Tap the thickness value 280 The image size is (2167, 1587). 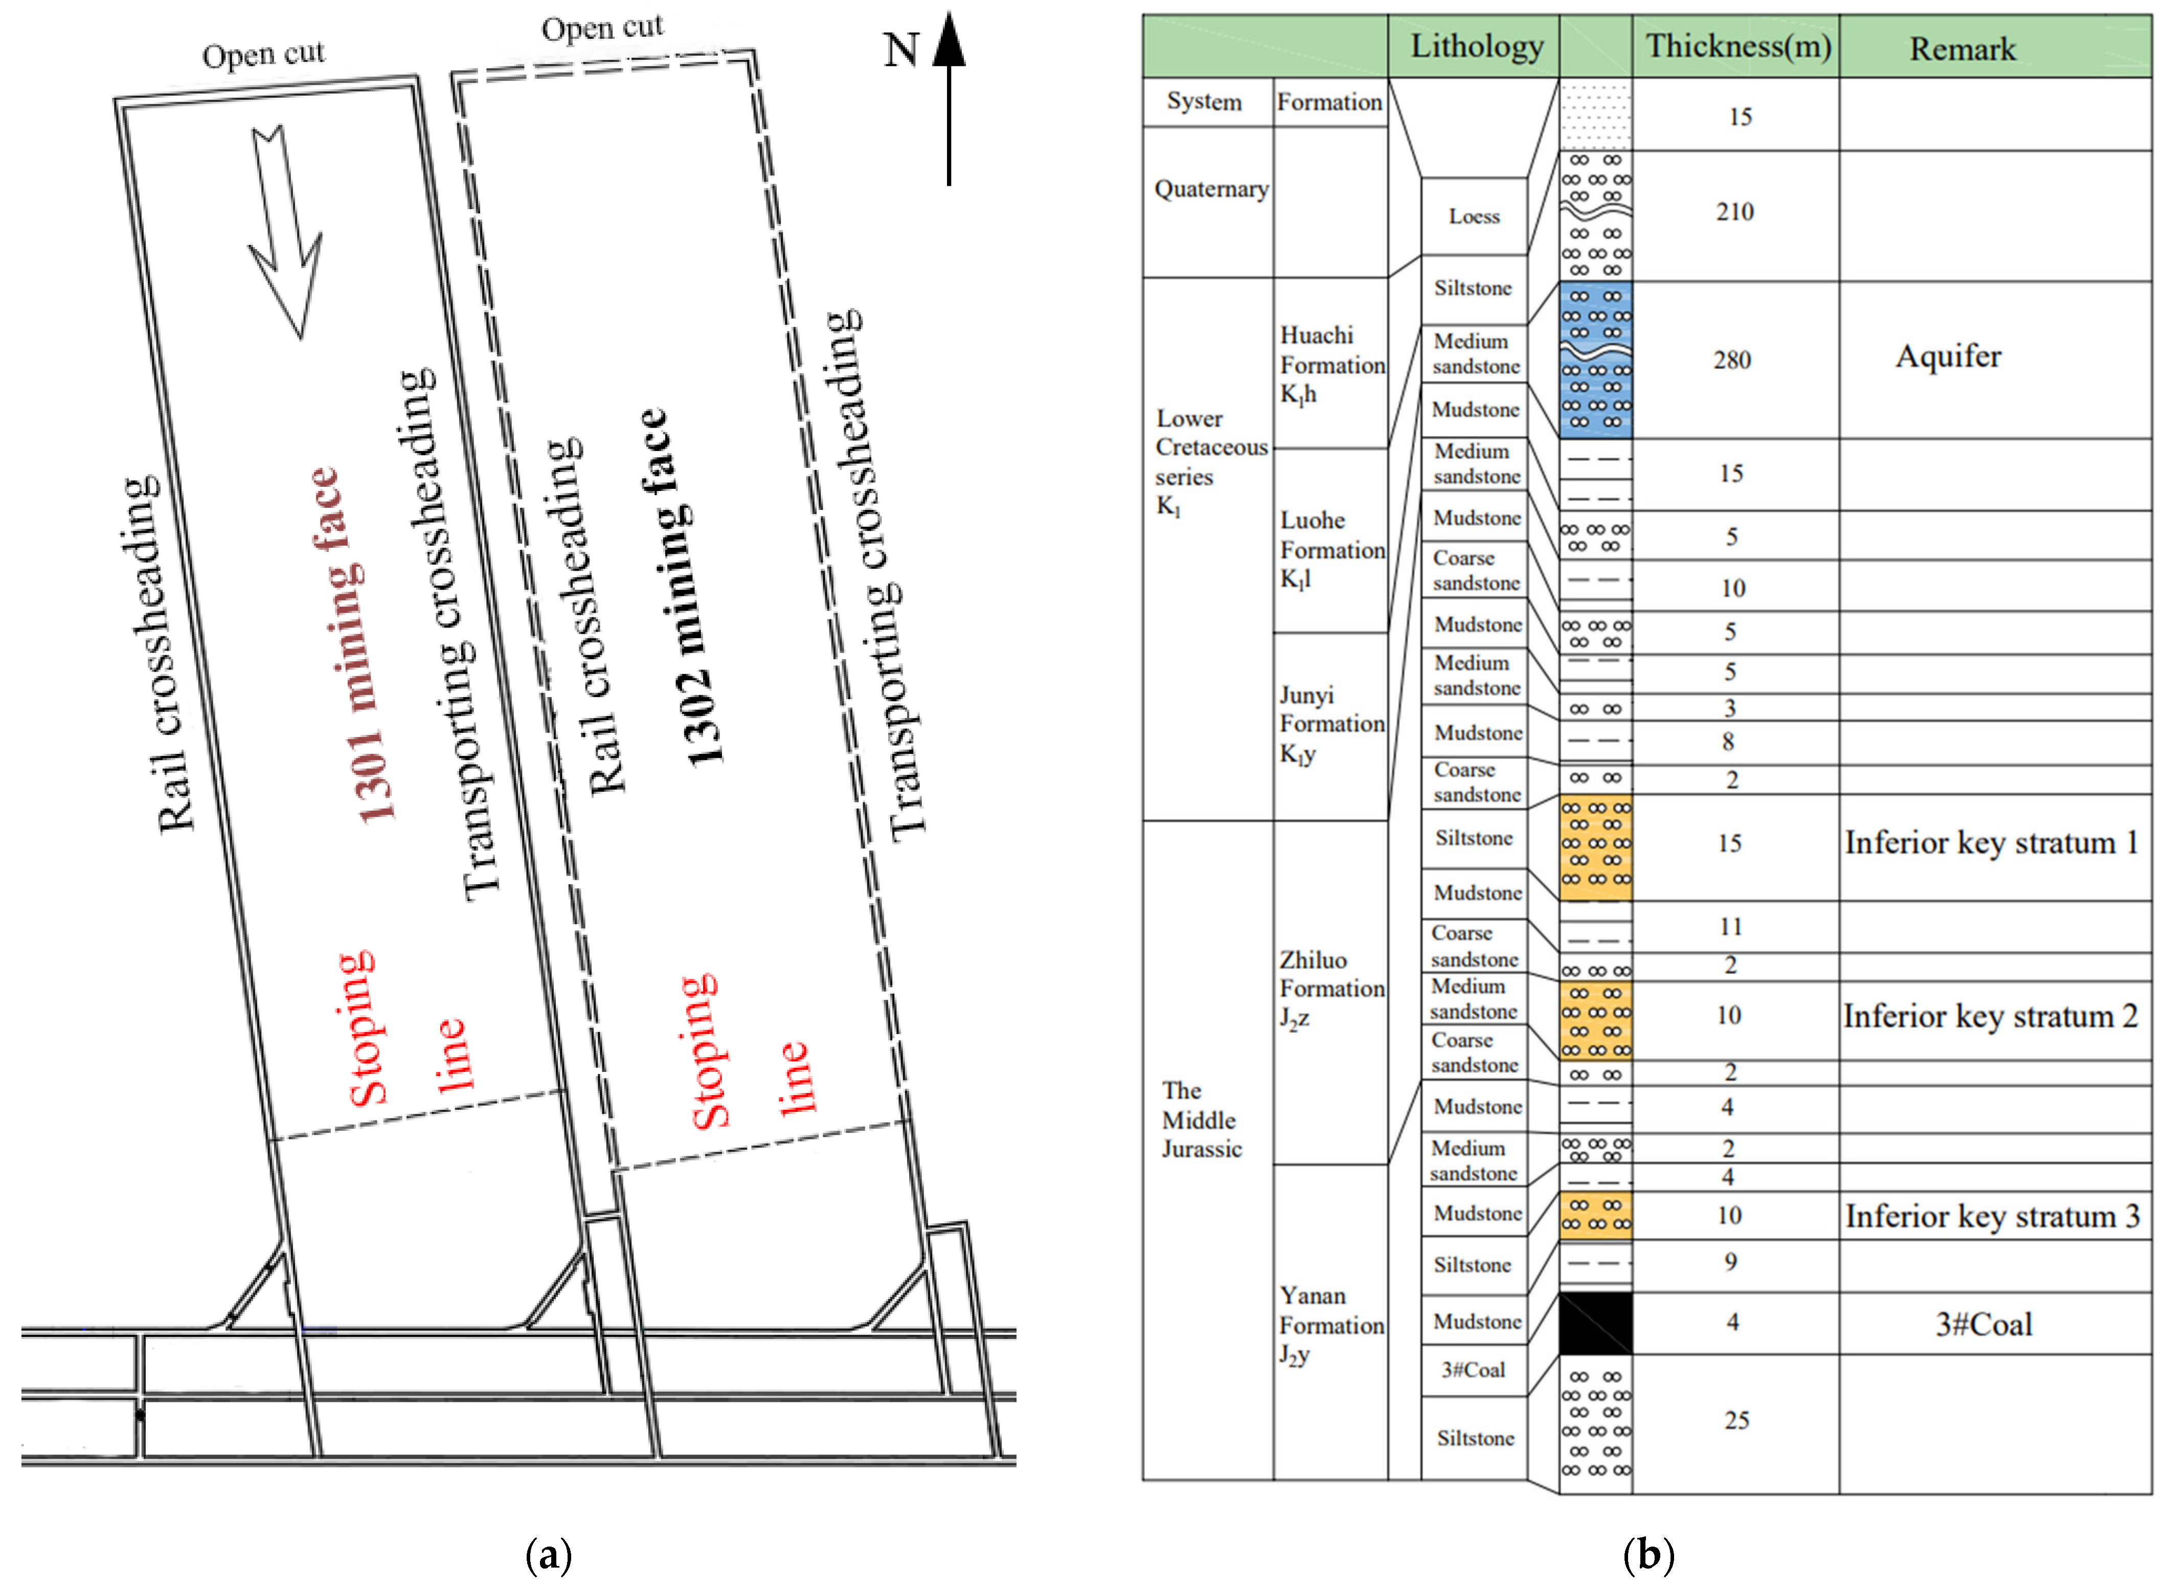(1732, 360)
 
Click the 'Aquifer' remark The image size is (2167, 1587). (1948, 356)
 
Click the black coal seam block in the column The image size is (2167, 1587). (1595, 1323)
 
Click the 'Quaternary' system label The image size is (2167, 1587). (1210, 189)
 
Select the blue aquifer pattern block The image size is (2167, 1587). (1595, 360)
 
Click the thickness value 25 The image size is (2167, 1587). (1736, 1420)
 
